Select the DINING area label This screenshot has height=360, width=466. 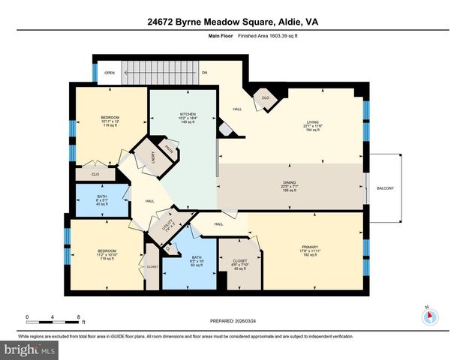pos(288,185)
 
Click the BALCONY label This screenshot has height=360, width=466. pos(386,187)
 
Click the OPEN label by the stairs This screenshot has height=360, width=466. pos(110,73)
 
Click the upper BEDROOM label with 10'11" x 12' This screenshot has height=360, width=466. pos(110,121)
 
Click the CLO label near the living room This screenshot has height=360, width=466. pos(266,97)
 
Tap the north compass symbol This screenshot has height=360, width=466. pos(429,315)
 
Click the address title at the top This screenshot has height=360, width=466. pos(233,22)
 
